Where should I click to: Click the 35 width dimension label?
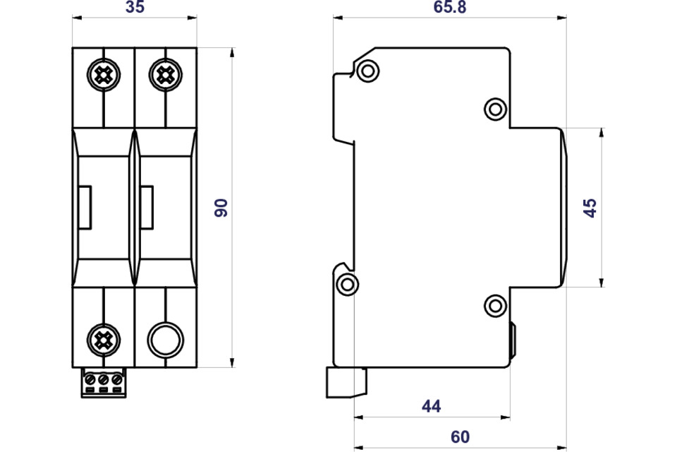[x=135, y=7]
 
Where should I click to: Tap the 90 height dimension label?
[x=221, y=208]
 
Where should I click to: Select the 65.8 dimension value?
[x=449, y=7]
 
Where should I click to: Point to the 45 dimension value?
[x=590, y=208]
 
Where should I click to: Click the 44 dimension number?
[x=432, y=406]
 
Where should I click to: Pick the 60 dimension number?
[x=461, y=437]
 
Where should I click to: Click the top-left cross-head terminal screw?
[x=104, y=75]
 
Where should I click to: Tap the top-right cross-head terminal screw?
[x=166, y=75]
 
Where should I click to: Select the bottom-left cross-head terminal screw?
[x=104, y=340]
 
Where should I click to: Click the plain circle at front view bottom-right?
[x=165, y=340]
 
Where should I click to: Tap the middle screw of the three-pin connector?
[x=103, y=380]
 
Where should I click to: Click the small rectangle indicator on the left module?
[x=85, y=207]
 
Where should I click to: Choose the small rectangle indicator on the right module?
[x=147, y=207]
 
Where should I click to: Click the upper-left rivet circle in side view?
[x=368, y=71]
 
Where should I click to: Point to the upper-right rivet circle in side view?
[x=495, y=109]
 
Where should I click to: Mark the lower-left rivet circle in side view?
[x=347, y=285]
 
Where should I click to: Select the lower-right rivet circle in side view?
[x=495, y=306]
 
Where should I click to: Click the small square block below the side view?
[x=347, y=382]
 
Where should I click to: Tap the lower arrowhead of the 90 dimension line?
[x=232, y=362]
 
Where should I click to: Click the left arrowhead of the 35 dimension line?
[x=78, y=18]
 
